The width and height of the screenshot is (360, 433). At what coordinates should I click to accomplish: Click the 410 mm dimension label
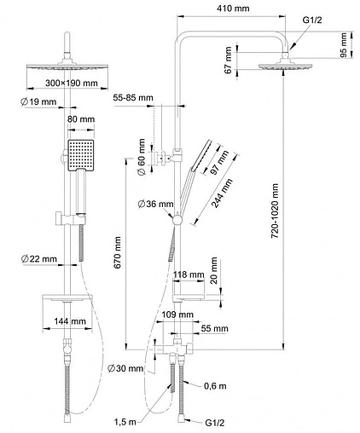(233, 9)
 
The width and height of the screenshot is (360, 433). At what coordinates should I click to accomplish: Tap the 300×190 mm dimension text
(72, 84)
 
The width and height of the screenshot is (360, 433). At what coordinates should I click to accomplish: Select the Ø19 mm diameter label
(38, 101)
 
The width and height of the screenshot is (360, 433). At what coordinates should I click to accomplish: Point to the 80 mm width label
(81, 119)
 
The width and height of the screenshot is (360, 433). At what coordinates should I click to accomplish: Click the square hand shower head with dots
(81, 155)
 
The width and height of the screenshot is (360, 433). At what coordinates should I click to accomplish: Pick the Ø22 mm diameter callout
(39, 259)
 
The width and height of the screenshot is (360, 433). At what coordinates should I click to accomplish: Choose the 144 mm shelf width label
(70, 321)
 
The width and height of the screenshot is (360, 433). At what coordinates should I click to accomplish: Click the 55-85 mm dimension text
(133, 98)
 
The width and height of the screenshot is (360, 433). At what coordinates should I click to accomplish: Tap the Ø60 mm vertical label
(142, 157)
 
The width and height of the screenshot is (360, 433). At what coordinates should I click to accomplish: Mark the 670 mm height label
(117, 252)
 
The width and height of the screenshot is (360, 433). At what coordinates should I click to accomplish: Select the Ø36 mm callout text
(155, 204)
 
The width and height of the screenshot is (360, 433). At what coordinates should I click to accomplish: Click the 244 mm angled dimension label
(223, 193)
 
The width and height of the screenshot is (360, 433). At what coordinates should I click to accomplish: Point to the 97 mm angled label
(220, 162)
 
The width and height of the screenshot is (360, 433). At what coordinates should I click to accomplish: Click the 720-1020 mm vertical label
(275, 211)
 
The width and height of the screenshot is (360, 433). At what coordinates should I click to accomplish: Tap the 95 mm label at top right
(343, 45)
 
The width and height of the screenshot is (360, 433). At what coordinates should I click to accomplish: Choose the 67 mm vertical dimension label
(229, 61)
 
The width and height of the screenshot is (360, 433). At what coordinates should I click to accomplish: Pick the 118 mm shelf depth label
(189, 274)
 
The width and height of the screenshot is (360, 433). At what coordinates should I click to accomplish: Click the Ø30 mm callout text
(125, 368)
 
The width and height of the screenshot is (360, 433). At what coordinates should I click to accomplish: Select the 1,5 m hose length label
(125, 422)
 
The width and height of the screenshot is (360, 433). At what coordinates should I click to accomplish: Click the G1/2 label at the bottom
(215, 423)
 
